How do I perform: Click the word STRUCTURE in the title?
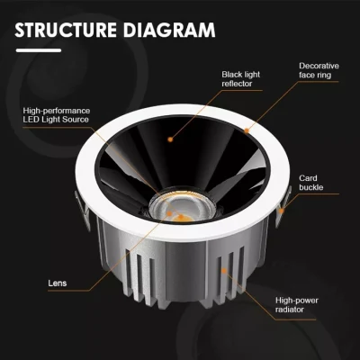coord(66,30)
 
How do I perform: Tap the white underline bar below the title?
coord(39,50)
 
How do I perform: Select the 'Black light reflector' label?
coord(241,79)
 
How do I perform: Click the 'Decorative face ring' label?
coord(319,70)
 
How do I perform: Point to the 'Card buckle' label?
coord(311,183)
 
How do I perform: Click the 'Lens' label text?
coord(58,283)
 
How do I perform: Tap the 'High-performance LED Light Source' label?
coord(57,115)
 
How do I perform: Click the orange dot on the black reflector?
coord(170,139)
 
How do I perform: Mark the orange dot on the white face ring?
coord(247,130)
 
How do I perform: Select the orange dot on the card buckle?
coord(282,211)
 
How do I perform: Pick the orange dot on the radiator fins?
coord(224,271)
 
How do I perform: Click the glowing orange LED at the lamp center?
coord(182,218)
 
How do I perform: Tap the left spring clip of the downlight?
coord(83,209)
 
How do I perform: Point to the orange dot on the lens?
coord(169,213)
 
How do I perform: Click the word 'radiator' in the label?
coord(290,310)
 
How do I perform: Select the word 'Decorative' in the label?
coord(319,66)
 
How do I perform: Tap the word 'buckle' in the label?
coord(311,187)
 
